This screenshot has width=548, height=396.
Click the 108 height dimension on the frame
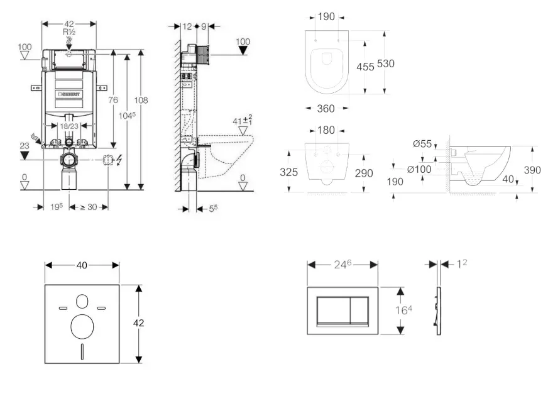coord(141,100)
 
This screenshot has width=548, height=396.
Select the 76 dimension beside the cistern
coord(113,100)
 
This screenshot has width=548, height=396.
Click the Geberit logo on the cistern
coord(70,95)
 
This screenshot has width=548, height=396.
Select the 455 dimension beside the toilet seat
coord(365,66)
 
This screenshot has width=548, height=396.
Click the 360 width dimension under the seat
coord(325,109)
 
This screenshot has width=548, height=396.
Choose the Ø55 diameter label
coord(422,144)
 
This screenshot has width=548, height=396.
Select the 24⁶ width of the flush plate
coord(342,265)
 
